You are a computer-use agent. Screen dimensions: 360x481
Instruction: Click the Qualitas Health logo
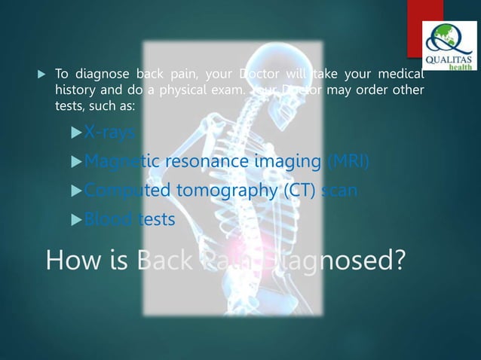(x=449, y=45)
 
